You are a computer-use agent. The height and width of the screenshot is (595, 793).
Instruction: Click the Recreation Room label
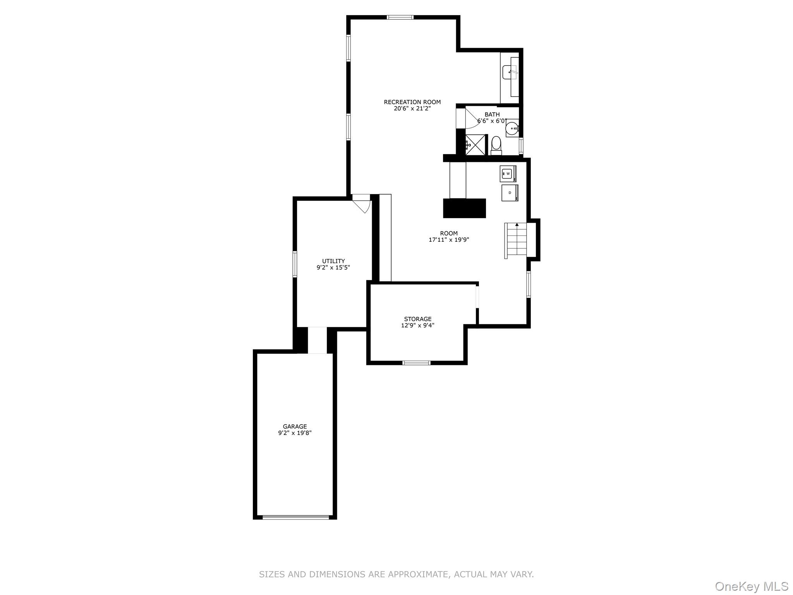pos(412,102)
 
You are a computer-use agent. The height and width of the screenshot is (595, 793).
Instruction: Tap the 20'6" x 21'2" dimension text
pos(412,109)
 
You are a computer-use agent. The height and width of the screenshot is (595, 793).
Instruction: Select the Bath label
pos(492,115)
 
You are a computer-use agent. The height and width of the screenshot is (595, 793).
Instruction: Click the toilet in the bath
pos(496,145)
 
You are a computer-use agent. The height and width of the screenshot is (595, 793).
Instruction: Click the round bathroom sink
pos(512,128)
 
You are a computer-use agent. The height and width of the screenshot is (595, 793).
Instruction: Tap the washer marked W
pos(508,174)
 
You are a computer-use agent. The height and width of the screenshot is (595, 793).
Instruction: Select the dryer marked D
pos(510,193)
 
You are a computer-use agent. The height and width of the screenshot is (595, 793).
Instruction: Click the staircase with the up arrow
pos(516,241)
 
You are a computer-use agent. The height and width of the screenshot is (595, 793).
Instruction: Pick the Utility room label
pos(333,261)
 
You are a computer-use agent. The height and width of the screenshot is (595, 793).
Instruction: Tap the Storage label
pos(418,319)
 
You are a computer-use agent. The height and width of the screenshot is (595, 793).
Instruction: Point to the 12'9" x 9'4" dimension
pos(418,326)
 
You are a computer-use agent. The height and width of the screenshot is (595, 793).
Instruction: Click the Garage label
pos(295,426)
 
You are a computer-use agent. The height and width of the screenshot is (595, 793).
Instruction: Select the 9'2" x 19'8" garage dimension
pos(295,433)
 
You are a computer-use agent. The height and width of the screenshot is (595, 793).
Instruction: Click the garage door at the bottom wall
pos(296,517)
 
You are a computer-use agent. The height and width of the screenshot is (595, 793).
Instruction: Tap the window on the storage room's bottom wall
pos(416,363)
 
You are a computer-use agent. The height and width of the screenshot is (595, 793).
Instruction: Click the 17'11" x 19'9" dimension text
pos(449,240)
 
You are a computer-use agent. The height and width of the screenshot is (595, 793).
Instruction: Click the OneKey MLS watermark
pos(752,586)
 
